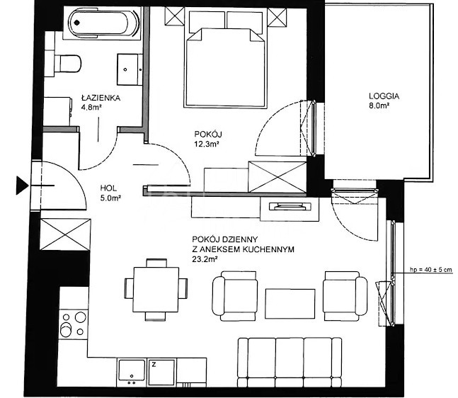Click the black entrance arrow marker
click(x=22, y=186)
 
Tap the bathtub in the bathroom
click(x=101, y=23)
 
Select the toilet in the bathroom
click(x=67, y=64)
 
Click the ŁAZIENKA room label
click(x=101, y=98)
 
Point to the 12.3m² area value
click(x=207, y=144)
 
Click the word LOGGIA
click(x=384, y=96)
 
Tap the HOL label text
click(x=108, y=188)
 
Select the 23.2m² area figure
click(x=205, y=259)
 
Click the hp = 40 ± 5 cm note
click(x=431, y=270)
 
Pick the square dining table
click(x=156, y=290)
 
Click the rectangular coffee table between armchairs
click(x=290, y=304)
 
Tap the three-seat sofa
click(x=290, y=363)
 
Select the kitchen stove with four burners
click(x=74, y=324)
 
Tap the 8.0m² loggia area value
click(x=379, y=106)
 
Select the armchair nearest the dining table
click(x=235, y=296)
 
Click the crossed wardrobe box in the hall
click(x=65, y=234)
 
